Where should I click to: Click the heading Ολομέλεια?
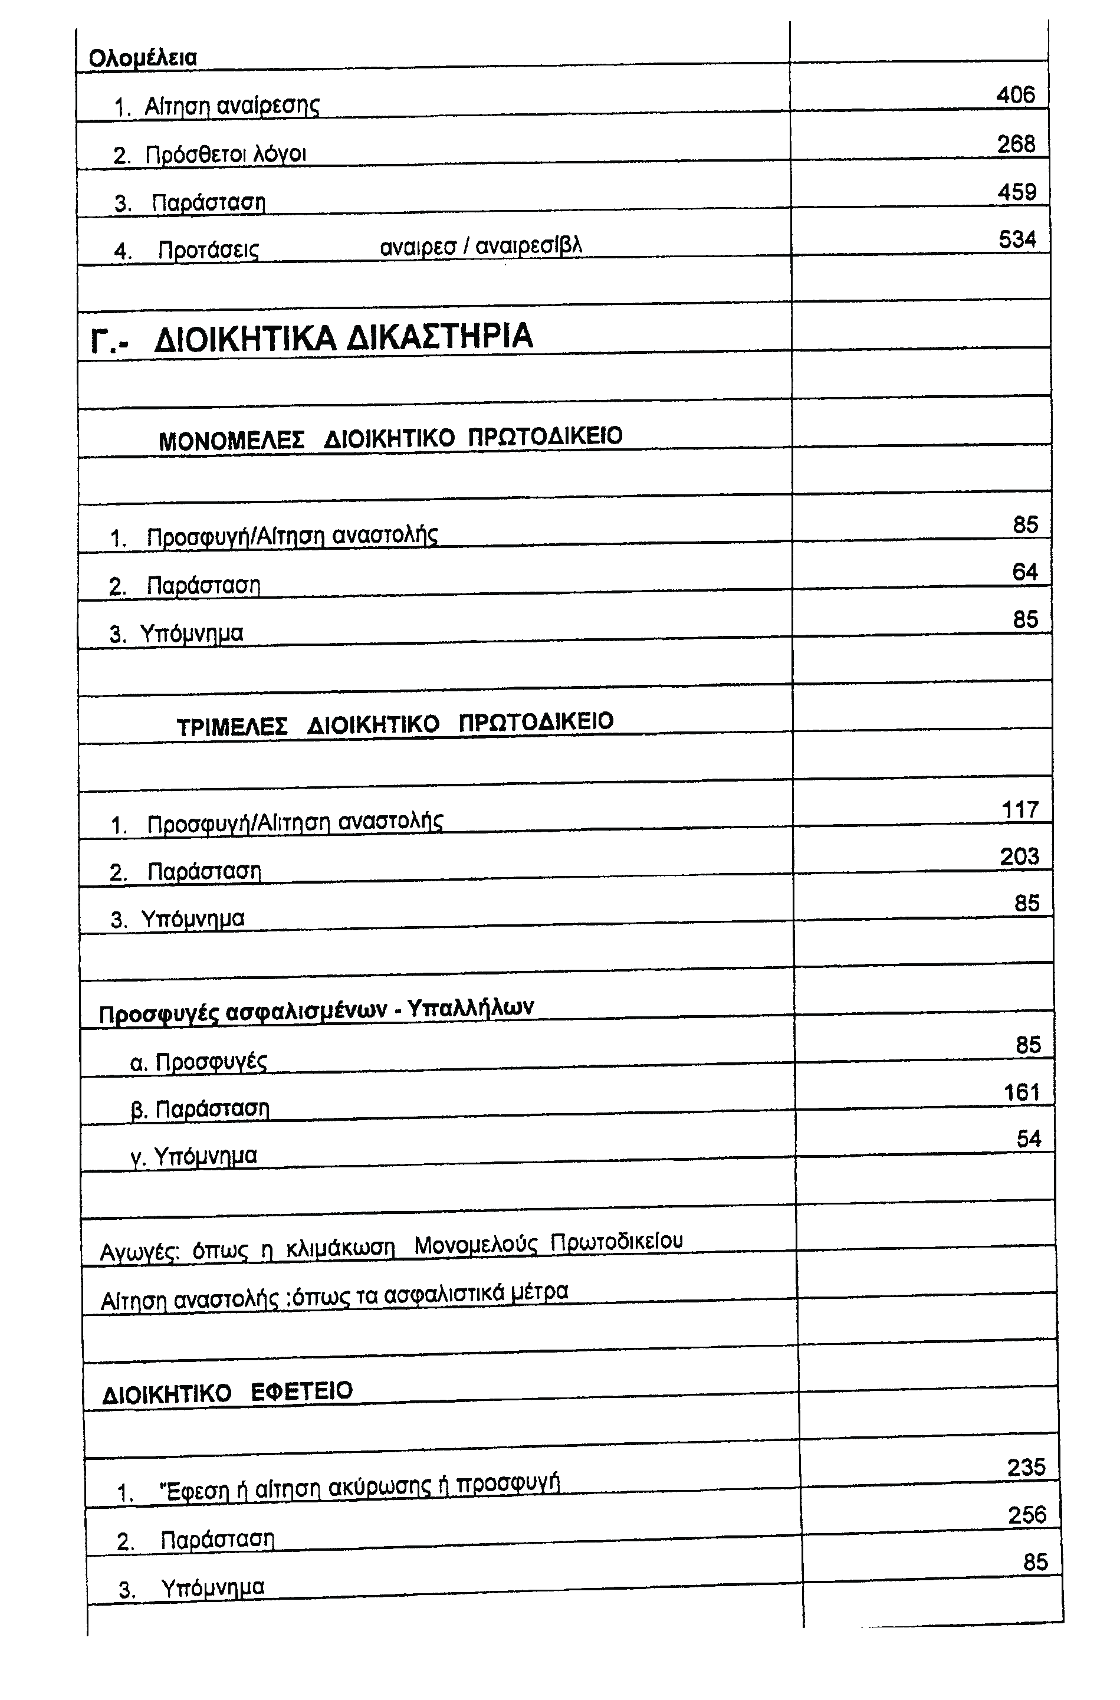(142, 58)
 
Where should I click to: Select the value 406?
(1015, 94)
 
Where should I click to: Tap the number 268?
(1016, 145)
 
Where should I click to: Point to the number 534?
(1017, 239)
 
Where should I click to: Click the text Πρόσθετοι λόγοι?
(226, 155)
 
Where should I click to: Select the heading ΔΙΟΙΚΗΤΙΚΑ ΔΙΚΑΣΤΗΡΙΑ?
(343, 336)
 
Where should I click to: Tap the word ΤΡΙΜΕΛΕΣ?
(232, 727)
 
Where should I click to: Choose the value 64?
(1024, 572)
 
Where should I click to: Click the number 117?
(1019, 810)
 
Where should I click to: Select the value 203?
(1019, 856)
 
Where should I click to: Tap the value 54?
(1029, 1139)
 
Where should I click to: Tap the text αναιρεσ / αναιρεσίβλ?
(481, 247)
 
